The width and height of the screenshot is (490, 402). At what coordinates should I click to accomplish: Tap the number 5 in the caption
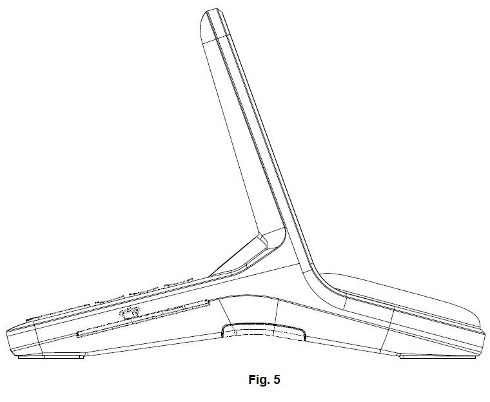pyautogui.click(x=277, y=379)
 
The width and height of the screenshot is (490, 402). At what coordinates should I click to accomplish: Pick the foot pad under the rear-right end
pyautogui.click(x=438, y=356)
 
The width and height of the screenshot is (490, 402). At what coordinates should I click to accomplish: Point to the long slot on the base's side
pyautogui.click(x=143, y=318)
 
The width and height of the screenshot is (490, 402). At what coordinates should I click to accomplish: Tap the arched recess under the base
pyautogui.click(x=264, y=330)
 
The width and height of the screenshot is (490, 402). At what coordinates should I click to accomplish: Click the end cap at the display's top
pyautogui.click(x=214, y=26)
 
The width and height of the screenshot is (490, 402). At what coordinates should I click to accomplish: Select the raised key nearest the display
pyautogui.click(x=179, y=283)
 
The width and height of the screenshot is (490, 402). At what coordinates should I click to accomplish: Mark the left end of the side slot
pyautogui.click(x=77, y=336)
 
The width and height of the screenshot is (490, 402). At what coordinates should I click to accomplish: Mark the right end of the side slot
pyautogui.click(x=209, y=301)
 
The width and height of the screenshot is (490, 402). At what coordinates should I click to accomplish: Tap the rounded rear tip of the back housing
pyautogui.click(x=478, y=322)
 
